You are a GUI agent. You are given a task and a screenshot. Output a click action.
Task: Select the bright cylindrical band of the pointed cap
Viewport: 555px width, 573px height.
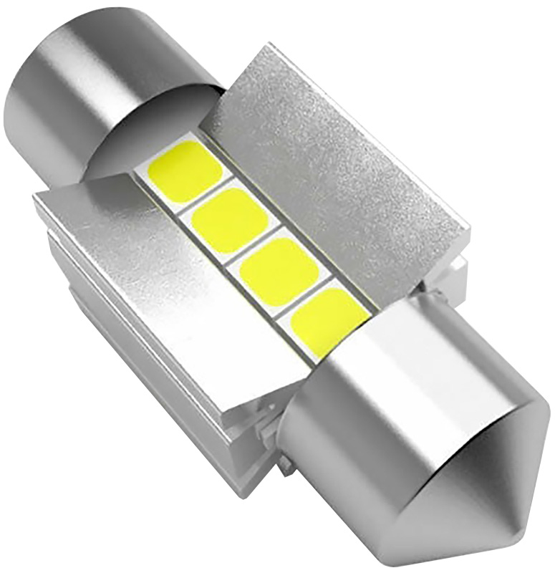tap(372, 401)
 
